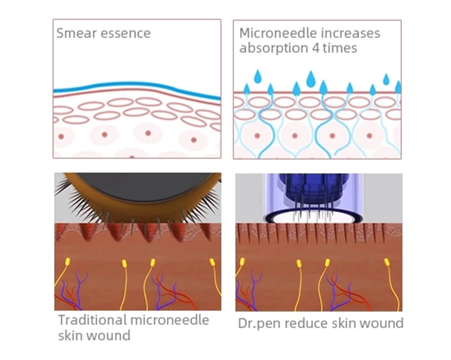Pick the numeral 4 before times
(316, 48)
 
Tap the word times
(341, 48)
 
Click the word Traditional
(92, 320)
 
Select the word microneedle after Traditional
(170, 320)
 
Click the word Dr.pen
(258, 323)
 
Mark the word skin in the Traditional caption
(72, 336)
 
